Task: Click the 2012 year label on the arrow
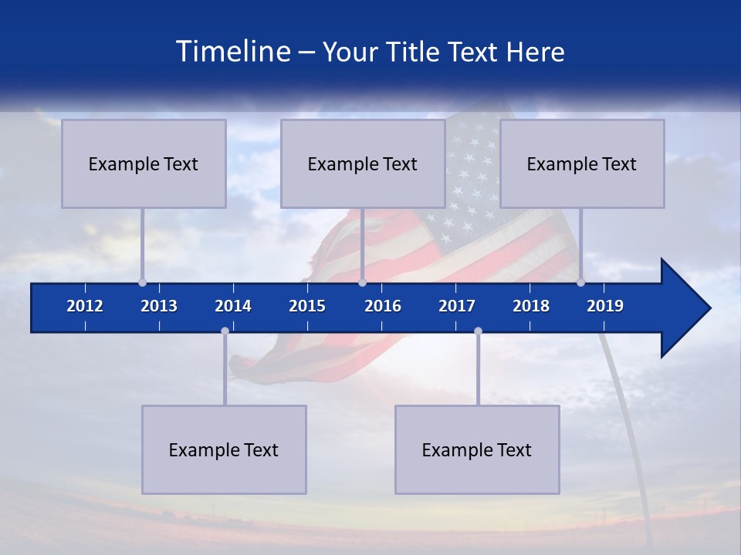(85, 306)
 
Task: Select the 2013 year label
(159, 306)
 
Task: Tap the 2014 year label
(233, 306)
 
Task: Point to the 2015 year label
(307, 306)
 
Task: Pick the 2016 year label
(383, 306)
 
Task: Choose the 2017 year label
(457, 306)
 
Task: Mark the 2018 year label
(531, 306)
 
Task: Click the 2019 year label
(605, 306)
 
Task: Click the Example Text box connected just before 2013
(144, 163)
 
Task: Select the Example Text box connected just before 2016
(363, 163)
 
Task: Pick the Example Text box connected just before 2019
(582, 163)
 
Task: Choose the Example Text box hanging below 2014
(224, 449)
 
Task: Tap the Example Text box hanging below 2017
(477, 449)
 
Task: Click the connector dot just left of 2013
(142, 282)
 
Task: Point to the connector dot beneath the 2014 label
(225, 331)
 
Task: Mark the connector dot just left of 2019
(580, 282)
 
